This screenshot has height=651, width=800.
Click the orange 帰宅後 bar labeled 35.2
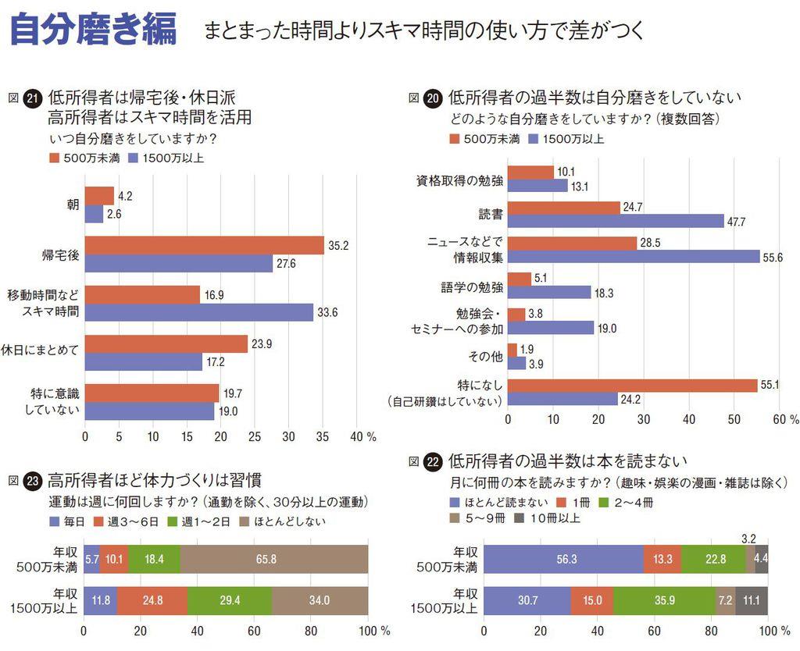click(x=204, y=245)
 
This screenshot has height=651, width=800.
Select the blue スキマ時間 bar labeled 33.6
click(x=198, y=312)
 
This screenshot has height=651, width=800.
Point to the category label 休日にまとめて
click(x=45, y=350)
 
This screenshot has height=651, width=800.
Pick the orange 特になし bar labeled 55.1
click(x=633, y=385)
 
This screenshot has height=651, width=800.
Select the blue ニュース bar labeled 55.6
click(x=634, y=256)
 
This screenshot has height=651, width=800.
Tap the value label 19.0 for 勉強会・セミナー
click(x=607, y=328)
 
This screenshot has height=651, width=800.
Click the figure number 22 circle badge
click(x=433, y=461)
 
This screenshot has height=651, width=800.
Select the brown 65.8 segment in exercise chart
click(x=274, y=559)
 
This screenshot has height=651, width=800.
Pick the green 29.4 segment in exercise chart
click(x=230, y=600)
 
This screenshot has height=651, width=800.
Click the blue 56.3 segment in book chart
click(x=563, y=559)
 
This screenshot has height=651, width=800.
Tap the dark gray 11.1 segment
click(x=752, y=600)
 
